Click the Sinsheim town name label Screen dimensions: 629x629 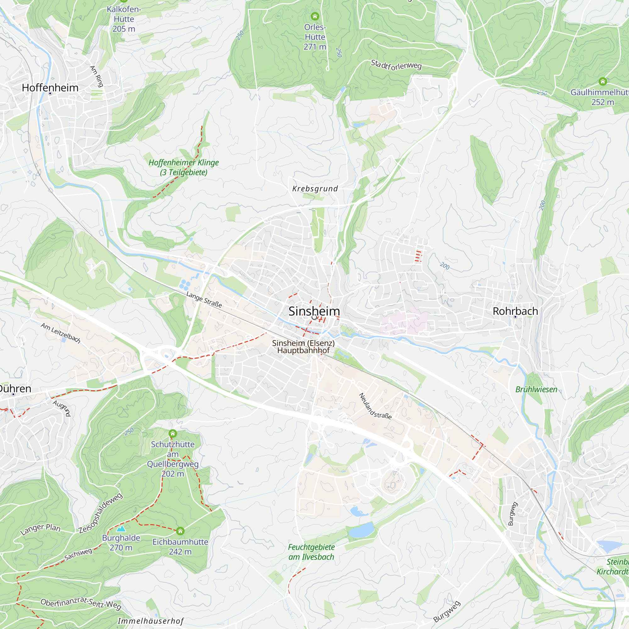click(x=314, y=311)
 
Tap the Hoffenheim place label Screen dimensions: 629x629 click(x=50, y=88)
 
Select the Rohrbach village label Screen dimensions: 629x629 click(x=515, y=311)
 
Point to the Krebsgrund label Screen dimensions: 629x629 click(x=315, y=189)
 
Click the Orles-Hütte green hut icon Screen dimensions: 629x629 click(x=314, y=16)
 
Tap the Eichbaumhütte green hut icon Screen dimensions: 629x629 click(x=180, y=531)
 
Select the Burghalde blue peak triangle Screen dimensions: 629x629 click(x=121, y=528)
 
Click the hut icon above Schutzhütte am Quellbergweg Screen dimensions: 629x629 click(x=173, y=434)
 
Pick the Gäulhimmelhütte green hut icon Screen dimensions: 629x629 click(x=603, y=81)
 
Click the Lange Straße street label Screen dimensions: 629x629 click(x=204, y=299)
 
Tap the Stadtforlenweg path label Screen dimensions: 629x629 click(x=396, y=65)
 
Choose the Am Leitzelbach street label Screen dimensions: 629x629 click(x=61, y=333)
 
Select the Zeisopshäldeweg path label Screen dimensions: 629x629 click(x=101, y=513)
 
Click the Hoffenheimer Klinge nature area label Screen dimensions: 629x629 click(x=184, y=167)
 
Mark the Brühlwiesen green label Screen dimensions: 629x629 click(x=536, y=389)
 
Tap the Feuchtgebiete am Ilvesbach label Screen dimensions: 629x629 click(x=311, y=552)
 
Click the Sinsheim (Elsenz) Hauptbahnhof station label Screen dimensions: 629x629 click(x=303, y=347)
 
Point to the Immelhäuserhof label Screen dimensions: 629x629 click(x=151, y=621)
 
